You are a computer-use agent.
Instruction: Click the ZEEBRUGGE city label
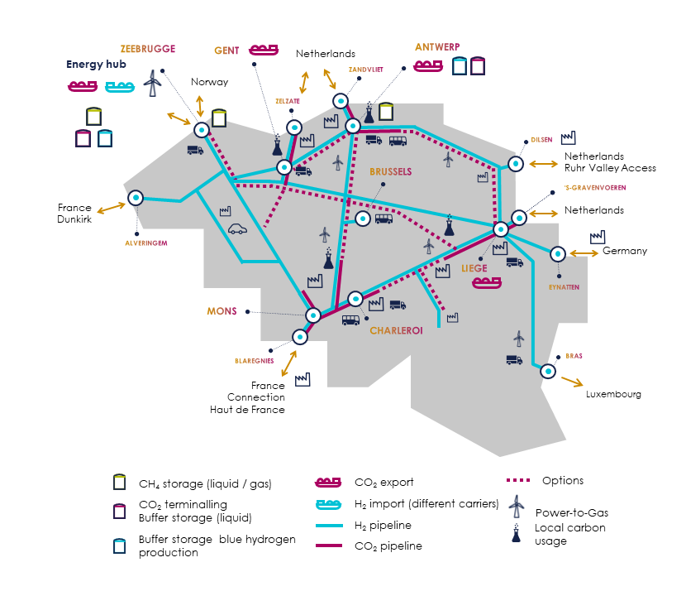pos(147,49)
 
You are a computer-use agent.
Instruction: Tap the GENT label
pos(226,50)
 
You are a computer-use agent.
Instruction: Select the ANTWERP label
pos(437,46)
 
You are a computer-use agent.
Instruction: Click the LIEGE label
pos(475,268)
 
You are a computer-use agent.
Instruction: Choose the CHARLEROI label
pos(396,330)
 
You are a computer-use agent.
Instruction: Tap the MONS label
pos(222,312)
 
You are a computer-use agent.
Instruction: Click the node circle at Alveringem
pos(136,199)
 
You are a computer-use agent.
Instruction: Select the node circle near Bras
pos(547,372)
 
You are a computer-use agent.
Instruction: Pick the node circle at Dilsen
pos(516,165)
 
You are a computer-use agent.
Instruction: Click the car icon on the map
pos(238,228)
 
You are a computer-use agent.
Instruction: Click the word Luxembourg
pos(613,395)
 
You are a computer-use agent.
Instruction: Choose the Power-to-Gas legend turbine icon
pos(517,506)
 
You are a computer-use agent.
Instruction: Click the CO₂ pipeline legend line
pos(331,545)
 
